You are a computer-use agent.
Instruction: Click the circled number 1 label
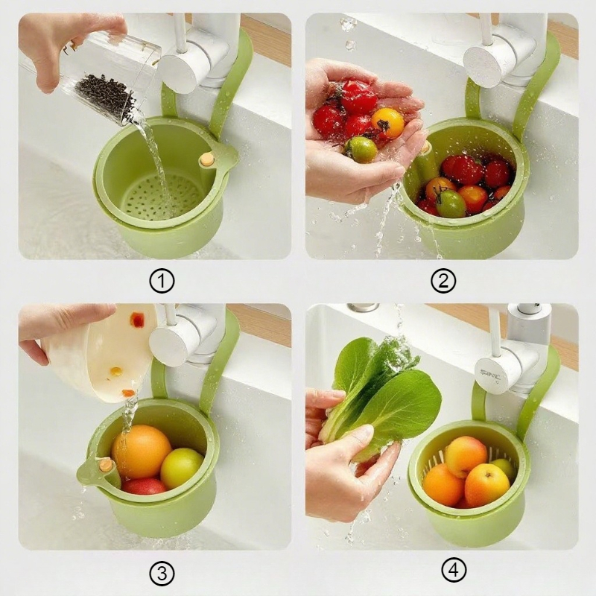coord(162,282)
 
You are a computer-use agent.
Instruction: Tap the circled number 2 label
coord(443,282)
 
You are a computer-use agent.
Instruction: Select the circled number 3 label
coord(162,573)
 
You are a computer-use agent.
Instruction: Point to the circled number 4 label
coord(454,571)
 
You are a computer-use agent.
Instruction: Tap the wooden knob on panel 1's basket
coord(206,159)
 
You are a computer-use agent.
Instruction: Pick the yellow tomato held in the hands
coord(387,122)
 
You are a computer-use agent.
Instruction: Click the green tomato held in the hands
coord(363,149)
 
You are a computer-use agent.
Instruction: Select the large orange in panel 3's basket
coord(141,451)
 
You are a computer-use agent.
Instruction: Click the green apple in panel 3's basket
coord(182,468)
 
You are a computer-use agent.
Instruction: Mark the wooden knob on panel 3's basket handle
coord(107,465)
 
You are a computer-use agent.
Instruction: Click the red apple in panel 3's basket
coord(144,486)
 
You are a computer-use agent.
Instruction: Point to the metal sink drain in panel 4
coord(363,307)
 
